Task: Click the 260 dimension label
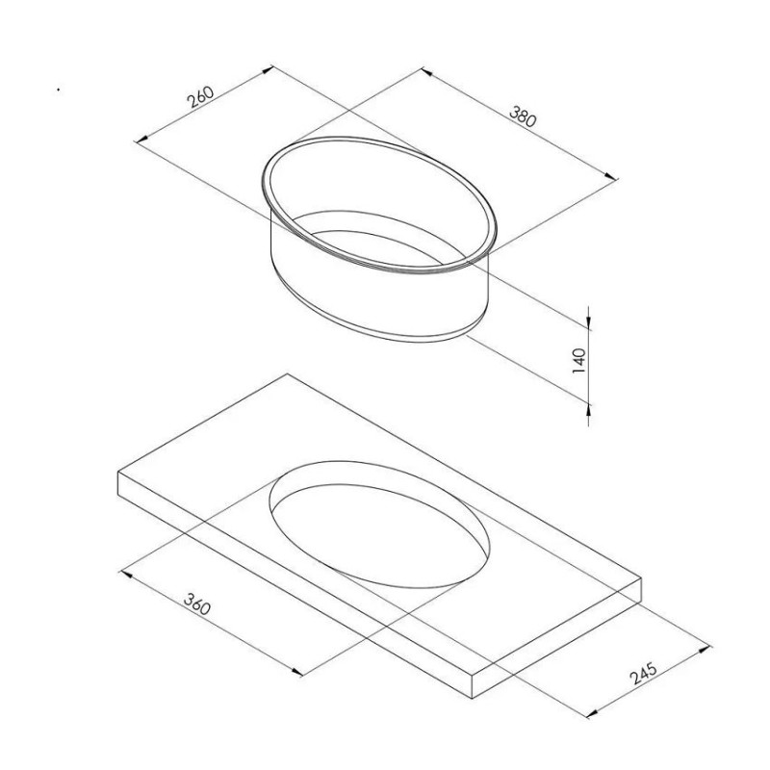pyautogui.click(x=200, y=97)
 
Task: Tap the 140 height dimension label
pyautogui.click(x=578, y=361)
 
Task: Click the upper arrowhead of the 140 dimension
pyautogui.click(x=588, y=315)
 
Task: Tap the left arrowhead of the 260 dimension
pyautogui.click(x=140, y=141)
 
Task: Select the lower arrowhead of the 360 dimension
pyautogui.click(x=297, y=672)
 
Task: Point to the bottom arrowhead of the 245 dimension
pyautogui.click(x=590, y=714)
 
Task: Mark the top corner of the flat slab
pyautogui.click(x=287, y=373)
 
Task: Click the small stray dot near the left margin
pyautogui.click(x=58, y=91)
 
